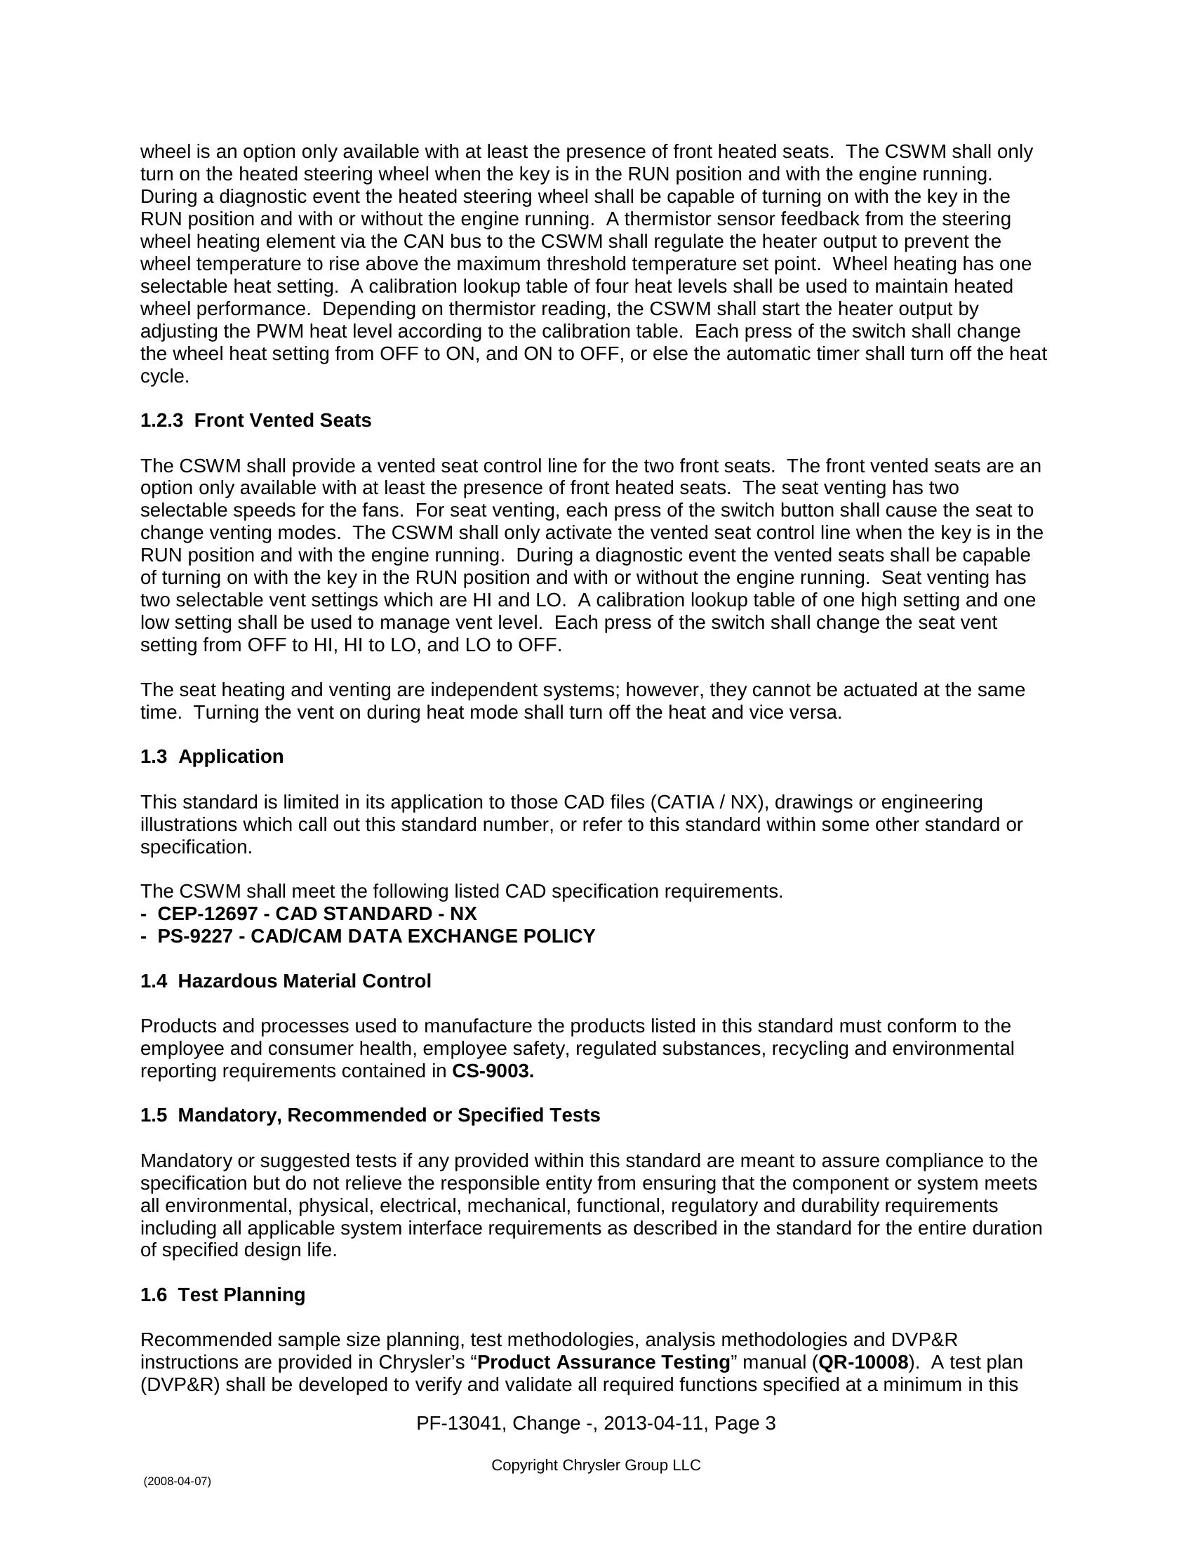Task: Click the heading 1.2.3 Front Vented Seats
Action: (255, 420)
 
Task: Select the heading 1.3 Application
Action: (211, 757)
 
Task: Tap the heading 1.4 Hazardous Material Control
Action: (286, 981)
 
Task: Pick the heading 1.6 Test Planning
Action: (222, 1294)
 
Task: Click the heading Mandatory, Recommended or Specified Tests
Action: (389, 1115)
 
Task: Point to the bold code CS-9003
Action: (493, 1071)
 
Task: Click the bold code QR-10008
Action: (863, 1362)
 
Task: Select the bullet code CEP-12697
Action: (207, 913)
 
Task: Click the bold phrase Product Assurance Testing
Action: (604, 1362)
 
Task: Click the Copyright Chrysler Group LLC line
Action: (596, 1465)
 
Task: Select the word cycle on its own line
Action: (163, 377)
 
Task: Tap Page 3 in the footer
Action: (745, 1423)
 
